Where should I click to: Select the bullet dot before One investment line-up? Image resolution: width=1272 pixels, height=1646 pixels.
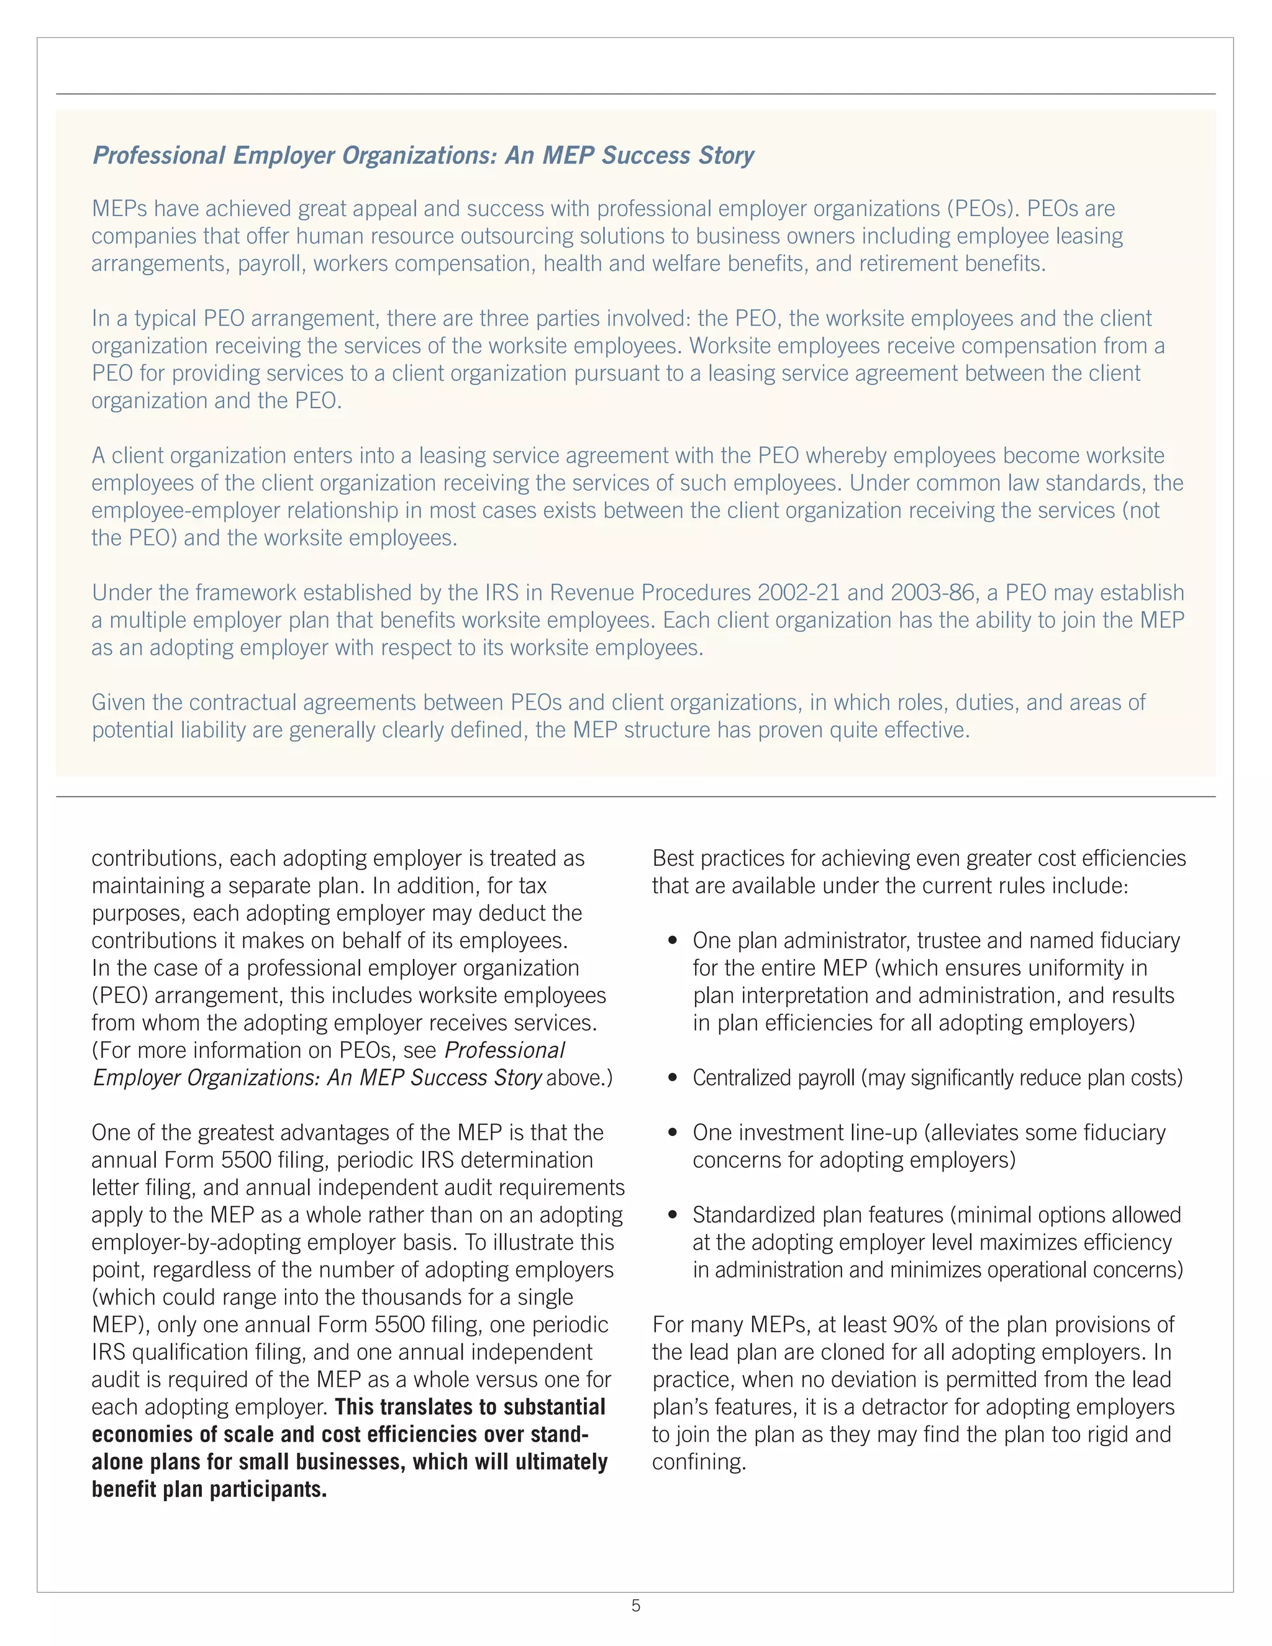[x=673, y=1134]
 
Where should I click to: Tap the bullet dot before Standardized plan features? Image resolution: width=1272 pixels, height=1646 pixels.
[x=673, y=1216]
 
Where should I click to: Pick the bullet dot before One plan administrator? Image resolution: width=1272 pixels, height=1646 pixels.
[x=673, y=941]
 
